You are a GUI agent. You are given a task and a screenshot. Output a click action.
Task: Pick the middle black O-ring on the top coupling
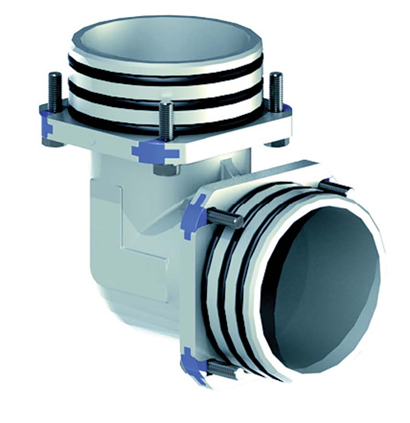pos(164,98)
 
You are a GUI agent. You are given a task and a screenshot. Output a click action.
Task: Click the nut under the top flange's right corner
pos(278,143)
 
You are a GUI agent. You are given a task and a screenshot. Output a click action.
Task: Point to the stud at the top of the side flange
pos(333,187)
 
